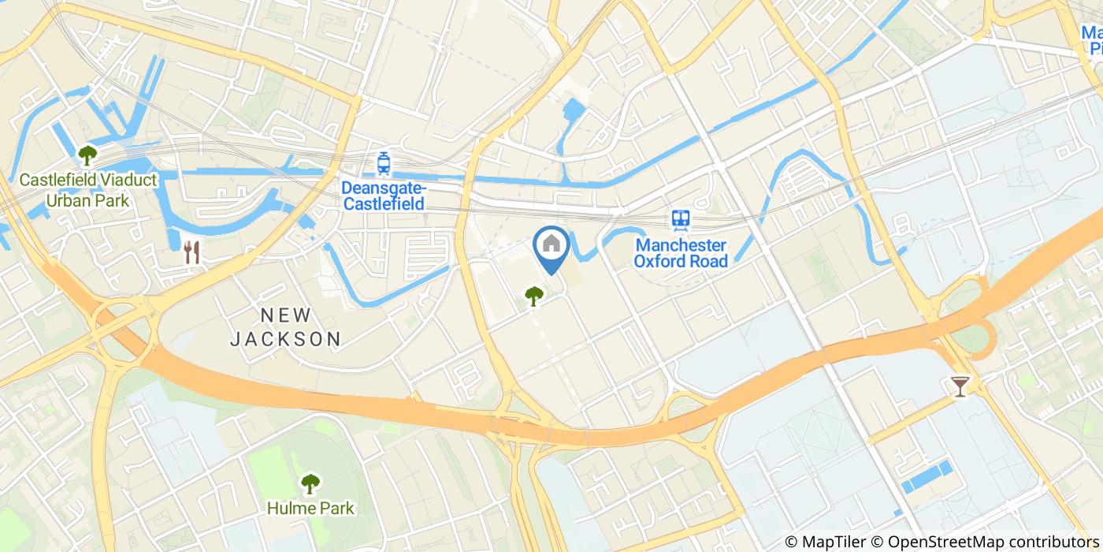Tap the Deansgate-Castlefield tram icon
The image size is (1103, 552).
coord(384,162)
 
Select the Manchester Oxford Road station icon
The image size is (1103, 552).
coord(681,219)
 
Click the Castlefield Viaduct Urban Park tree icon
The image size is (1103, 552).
coord(87,152)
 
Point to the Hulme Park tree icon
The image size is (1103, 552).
coord(310,482)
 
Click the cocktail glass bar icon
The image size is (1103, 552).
coord(960,386)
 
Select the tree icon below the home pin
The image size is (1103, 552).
coord(534,296)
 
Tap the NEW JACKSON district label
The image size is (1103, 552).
coord(285,327)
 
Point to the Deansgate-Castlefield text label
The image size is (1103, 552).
coord(384,196)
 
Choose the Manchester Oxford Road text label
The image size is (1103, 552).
coord(681,253)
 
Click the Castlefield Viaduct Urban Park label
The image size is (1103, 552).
coord(88,190)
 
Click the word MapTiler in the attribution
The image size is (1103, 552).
coord(832,542)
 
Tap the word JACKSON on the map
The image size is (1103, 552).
coord(285,340)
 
